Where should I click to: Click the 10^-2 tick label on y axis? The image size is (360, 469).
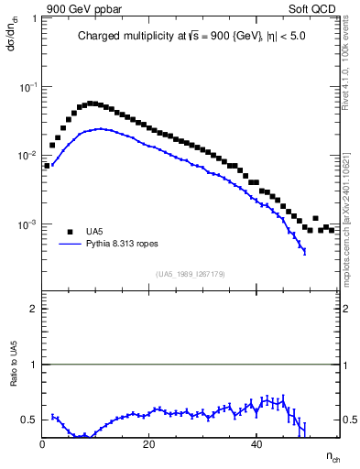[x=27, y=156]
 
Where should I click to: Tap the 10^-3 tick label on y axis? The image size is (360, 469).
[x=27, y=224]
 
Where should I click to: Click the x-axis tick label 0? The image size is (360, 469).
[x=43, y=444]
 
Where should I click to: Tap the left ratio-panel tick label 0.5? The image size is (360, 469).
[x=29, y=420]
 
